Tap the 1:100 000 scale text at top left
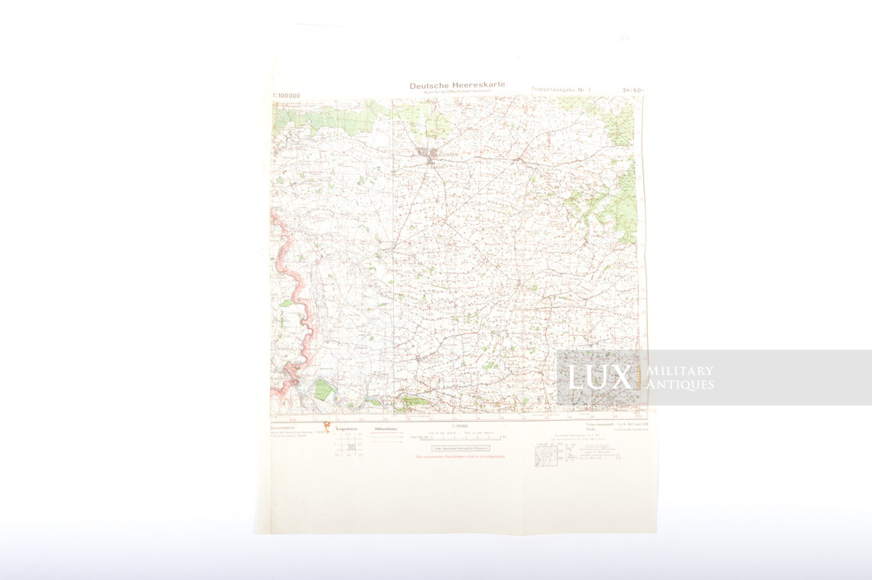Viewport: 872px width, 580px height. coord(286,96)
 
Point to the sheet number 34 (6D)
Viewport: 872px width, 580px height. coord(633,90)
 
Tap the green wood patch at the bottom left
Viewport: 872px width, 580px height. coord(323,389)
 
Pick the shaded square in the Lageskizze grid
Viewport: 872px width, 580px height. coord(351,446)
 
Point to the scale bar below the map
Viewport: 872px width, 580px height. coord(457,438)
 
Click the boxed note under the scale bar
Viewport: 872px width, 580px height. coord(460,448)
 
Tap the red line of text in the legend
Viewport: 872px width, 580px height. coord(460,457)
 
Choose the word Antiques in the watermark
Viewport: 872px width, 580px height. coord(680,385)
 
